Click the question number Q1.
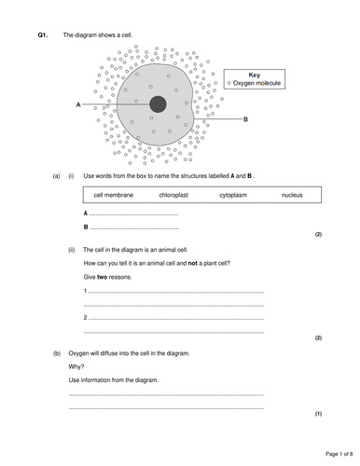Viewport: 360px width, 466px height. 42,34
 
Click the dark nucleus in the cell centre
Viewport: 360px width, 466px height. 158,104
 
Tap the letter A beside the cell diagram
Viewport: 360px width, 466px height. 78,105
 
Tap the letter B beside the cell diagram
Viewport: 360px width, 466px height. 244,119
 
